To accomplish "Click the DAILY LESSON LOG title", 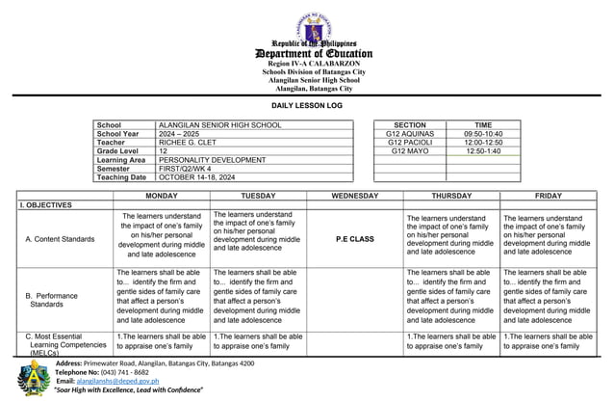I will (307, 103).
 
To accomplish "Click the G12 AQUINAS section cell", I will (410, 134).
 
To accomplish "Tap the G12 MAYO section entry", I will (410, 151).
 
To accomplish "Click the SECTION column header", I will (410, 125).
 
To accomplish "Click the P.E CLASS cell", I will (354, 238).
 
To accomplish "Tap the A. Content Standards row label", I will (60, 238).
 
